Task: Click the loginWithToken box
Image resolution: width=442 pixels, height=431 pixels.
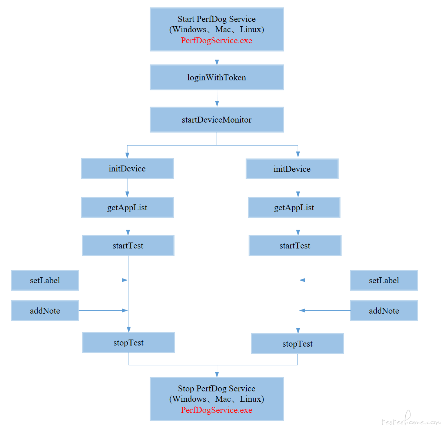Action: pyautogui.click(x=217, y=77)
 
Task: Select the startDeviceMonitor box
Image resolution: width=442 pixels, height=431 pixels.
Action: pyautogui.click(x=217, y=120)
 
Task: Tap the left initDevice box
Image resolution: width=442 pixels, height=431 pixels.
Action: pyautogui.click(x=127, y=168)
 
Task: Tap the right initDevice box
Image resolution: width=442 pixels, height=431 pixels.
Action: pyautogui.click(x=292, y=169)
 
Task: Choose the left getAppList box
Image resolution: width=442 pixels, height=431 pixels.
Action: pyautogui.click(x=127, y=207)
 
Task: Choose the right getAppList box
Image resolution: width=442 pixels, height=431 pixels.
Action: pyautogui.click(x=294, y=207)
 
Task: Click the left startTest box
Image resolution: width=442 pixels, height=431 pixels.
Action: pyautogui.click(x=128, y=245)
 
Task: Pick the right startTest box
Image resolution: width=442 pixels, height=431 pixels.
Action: pyautogui.click(x=295, y=245)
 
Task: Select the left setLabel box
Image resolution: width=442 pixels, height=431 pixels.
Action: pyautogui.click(x=45, y=280)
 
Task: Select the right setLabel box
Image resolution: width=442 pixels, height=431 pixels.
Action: pyautogui.click(x=384, y=280)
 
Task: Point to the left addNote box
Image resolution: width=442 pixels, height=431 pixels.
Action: pyautogui.click(x=45, y=311)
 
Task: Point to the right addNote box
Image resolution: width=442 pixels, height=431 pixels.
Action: pyautogui.click(x=384, y=311)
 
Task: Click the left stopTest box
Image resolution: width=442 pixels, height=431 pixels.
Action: pyautogui.click(x=129, y=343)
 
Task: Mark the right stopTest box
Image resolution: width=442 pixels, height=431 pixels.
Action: pyautogui.click(x=298, y=344)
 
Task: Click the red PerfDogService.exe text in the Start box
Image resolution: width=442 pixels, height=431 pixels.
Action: pyautogui.click(x=216, y=41)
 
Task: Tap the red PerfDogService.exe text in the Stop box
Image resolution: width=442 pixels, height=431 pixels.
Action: pyautogui.click(x=216, y=410)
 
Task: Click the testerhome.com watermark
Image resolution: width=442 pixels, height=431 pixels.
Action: pyautogui.click(x=411, y=419)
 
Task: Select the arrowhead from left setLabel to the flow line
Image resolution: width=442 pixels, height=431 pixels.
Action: pyautogui.click(x=124, y=280)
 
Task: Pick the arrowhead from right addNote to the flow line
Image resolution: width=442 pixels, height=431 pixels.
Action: pyautogui.click(x=302, y=310)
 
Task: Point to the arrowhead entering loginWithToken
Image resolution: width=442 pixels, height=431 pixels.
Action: pyautogui.click(x=217, y=62)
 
